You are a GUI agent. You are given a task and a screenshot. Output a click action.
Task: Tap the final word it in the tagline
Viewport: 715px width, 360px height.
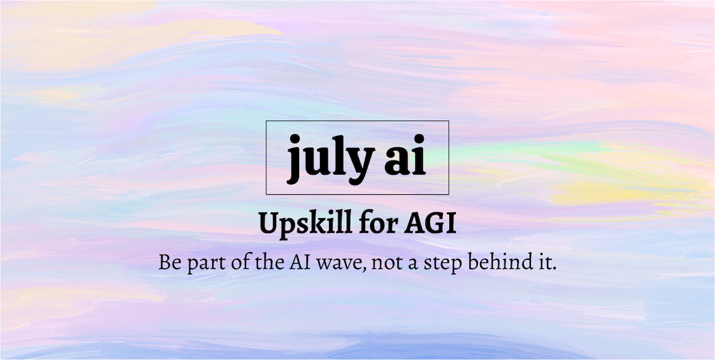point(543,263)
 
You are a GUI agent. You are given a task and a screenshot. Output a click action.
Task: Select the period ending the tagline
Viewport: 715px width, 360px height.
point(554,269)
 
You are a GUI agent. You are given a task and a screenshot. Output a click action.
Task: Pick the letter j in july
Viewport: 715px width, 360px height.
point(294,158)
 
